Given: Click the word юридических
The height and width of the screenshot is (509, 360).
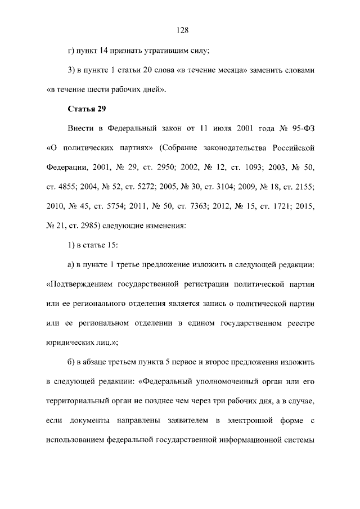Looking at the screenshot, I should (x=68, y=342).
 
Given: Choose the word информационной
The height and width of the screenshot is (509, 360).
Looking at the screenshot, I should (x=251, y=439).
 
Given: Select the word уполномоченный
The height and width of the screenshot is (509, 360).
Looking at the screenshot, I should (x=224, y=381).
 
